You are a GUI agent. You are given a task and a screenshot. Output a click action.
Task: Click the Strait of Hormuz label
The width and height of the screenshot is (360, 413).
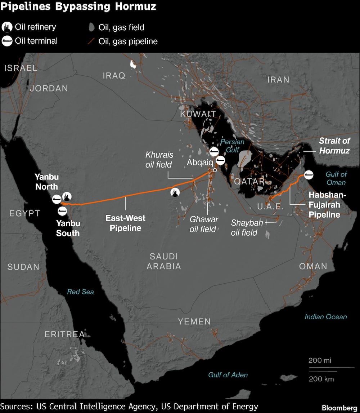[334, 146]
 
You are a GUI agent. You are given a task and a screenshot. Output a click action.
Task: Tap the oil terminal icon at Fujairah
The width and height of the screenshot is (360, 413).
[308, 175]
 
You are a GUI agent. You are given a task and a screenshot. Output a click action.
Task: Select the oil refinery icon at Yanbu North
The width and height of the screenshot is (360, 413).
[67, 196]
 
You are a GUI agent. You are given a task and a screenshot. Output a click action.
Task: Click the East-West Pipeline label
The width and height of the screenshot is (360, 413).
[125, 223]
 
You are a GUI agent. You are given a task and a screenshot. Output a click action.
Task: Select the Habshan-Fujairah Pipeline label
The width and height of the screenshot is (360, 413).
[324, 205]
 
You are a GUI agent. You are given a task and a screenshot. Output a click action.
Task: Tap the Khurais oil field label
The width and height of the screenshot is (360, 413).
[159, 160]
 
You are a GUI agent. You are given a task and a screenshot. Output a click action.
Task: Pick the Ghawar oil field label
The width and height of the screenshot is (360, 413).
[204, 224]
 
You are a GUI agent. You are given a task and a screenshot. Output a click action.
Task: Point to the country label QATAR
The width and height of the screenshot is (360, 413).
[249, 181]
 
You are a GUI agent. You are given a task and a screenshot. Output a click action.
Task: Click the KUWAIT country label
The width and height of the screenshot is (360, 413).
[198, 114]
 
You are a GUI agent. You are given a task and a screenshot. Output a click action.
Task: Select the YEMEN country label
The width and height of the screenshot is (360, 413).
[194, 321]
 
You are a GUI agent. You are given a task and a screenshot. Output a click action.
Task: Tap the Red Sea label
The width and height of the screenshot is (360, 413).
[80, 292]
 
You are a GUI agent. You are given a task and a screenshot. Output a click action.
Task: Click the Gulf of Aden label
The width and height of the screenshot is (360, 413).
[228, 375]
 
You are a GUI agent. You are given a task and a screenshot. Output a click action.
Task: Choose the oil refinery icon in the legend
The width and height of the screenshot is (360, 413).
[7, 27]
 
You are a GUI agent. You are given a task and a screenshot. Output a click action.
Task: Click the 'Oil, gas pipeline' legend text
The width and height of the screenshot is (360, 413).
[128, 41]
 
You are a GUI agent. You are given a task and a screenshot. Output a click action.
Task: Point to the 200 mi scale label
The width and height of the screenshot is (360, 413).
[320, 360]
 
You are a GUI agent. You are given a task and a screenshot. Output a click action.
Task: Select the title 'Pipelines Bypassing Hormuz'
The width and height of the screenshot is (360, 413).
[78, 6]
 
